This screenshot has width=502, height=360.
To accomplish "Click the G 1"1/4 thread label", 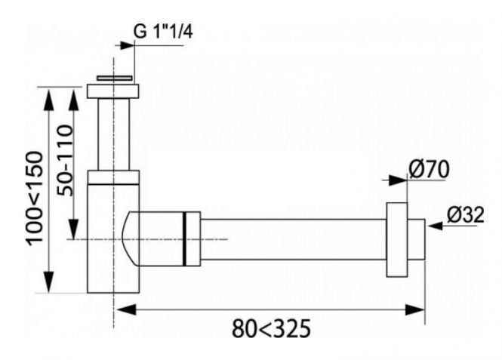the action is click(x=162, y=32).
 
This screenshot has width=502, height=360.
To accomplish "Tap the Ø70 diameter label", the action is click(x=429, y=169).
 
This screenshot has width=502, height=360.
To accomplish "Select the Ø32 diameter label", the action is click(x=465, y=214).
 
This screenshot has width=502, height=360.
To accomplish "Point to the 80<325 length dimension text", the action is click(x=271, y=328).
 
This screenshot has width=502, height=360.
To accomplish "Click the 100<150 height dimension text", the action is click(x=35, y=198).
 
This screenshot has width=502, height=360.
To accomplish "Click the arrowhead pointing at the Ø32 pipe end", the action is click(x=436, y=226).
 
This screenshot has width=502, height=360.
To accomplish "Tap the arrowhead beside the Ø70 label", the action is click(x=398, y=180).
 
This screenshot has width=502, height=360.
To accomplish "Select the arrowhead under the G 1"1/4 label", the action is click(x=127, y=45).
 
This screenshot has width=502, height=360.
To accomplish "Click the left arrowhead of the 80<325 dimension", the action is click(x=127, y=309).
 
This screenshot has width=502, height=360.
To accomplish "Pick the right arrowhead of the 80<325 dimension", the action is click(x=415, y=309).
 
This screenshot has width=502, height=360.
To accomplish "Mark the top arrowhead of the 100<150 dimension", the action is click(x=48, y=100).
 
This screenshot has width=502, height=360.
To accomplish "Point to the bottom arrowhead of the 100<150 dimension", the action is click(x=48, y=282).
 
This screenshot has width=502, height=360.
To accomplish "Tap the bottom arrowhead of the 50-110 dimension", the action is click(x=74, y=229).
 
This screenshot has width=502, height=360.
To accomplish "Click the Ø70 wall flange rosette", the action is click(x=396, y=240).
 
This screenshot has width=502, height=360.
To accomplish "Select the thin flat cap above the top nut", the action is click(x=114, y=78).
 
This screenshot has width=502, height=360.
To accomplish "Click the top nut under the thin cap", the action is click(x=113, y=91).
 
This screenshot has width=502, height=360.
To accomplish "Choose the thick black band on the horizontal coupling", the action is click(x=184, y=238).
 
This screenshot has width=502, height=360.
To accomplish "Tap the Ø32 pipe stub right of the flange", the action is click(x=416, y=239).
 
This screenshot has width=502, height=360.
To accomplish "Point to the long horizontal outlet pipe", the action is click(x=293, y=239).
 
